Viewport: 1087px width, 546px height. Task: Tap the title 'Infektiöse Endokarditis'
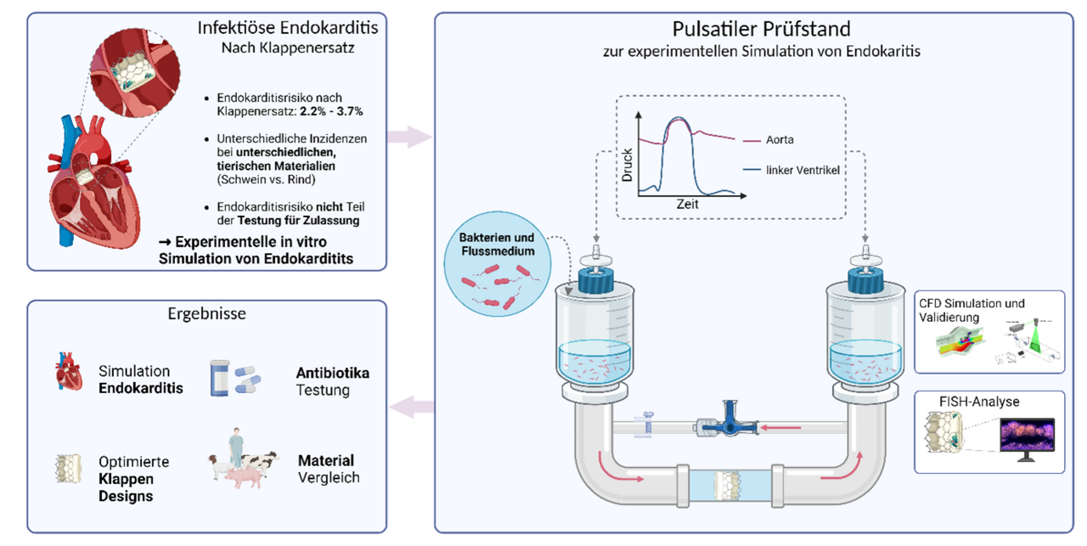288,27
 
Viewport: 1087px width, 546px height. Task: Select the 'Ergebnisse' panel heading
207,313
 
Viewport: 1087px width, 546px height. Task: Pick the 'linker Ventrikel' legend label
803,171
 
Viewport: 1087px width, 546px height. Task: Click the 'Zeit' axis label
687,205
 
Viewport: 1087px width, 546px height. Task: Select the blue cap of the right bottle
865,279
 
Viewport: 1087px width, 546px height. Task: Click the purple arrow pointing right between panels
410,136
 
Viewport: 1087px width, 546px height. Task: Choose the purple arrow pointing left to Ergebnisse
410,408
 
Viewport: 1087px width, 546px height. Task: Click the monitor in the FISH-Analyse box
1026,436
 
